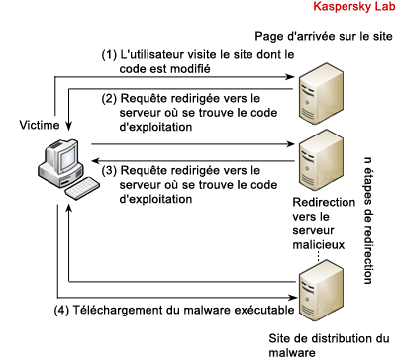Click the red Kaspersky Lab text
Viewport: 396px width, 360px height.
354,6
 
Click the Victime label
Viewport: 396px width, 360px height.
40,125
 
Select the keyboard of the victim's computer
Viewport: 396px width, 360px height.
82,188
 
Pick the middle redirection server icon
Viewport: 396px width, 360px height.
321,159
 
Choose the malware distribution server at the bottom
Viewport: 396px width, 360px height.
321,291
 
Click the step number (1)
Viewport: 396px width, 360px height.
109,55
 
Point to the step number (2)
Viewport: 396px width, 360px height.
109,99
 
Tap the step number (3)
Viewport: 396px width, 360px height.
109,171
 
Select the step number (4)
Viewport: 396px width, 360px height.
61,311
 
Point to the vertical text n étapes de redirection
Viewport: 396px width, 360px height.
368,221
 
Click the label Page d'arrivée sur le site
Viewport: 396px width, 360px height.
324,36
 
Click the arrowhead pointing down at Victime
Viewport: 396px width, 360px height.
68,126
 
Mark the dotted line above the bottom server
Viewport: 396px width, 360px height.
319,256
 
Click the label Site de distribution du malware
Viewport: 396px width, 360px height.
329,345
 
